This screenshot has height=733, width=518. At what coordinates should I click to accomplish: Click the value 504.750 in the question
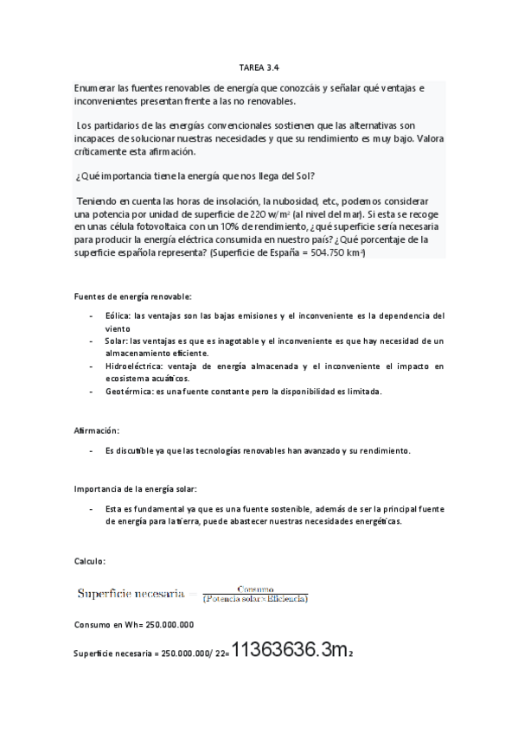click(x=320, y=252)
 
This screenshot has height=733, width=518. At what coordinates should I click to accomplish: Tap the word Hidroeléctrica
click(x=131, y=366)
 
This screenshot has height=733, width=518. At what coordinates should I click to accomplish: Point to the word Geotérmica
click(x=125, y=391)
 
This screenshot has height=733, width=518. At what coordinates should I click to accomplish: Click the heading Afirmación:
click(x=97, y=430)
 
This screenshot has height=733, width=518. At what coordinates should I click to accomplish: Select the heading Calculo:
click(x=90, y=562)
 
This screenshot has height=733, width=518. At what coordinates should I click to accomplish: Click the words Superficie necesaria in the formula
click(x=130, y=593)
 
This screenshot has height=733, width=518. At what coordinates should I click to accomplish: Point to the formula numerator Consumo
click(x=255, y=589)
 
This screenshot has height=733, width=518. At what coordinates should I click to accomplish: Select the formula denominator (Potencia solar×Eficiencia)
click(x=255, y=597)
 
